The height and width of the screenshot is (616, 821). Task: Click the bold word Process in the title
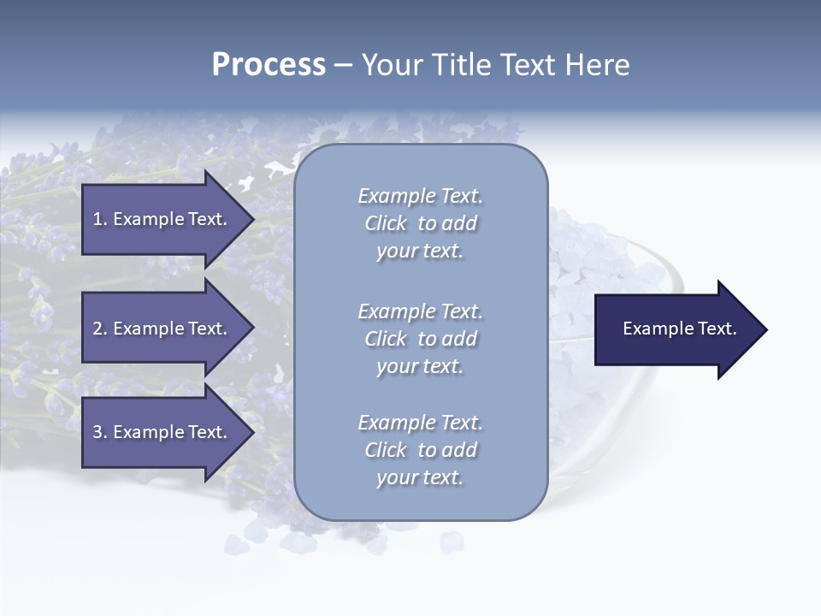click(x=269, y=65)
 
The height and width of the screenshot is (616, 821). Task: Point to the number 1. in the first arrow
click(x=100, y=219)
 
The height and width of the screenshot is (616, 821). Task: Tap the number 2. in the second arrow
click(x=100, y=329)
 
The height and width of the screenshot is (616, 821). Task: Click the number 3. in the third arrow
click(x=100, y=432)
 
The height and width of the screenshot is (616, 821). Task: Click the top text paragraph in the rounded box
click(x=420, y=223)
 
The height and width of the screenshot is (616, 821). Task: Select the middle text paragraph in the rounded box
click(x=420, y=339)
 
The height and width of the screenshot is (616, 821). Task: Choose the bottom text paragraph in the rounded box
click(x=420, y=450)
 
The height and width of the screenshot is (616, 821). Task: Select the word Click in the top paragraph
click(x=386, y=223)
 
